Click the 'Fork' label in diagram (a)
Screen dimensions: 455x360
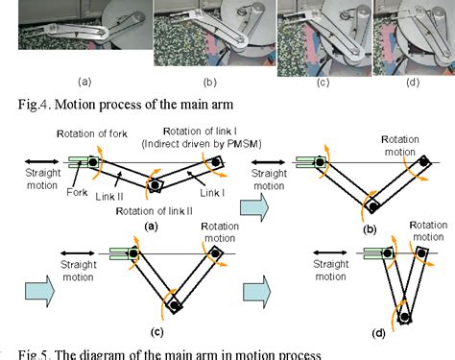[x=77, y=192]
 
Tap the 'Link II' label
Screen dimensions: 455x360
[x=109, y=197]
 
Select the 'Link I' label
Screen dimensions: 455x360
[x=212, y=193]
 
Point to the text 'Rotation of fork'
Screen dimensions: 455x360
[x=92, y=133]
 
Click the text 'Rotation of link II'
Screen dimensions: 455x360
[x=155, y=211]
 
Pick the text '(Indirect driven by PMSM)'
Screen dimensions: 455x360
[x=202, y=144]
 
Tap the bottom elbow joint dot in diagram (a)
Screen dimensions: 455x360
[x=155, y=185]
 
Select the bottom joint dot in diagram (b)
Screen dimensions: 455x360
[x=373, y=206]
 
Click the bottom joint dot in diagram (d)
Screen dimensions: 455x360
[x=405, y=317]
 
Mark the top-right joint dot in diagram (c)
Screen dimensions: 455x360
[x=215, y=253]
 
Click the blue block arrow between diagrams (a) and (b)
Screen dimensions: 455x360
[x=254, y=207]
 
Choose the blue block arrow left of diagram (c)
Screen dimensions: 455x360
[x=40, y=292]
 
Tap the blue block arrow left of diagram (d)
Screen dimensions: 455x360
[x=257, y=292]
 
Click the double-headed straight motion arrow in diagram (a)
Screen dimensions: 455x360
[x=41, y=162]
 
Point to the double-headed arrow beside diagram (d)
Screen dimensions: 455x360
[x=330, y=252]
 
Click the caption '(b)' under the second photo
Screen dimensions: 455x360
[x=210, y=83]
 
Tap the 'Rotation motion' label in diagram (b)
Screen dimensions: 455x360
[x=400, y=146]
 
